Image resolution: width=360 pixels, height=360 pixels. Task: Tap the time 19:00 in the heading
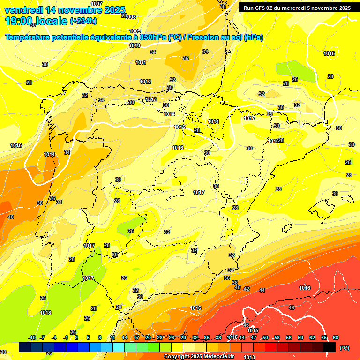(x=19, y=21)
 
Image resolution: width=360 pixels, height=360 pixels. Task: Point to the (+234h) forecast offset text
(x=83, y=21)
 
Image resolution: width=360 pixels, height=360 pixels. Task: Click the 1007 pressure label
(x=97, y=4)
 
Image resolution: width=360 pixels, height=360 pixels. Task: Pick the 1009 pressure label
(x=135, y=31)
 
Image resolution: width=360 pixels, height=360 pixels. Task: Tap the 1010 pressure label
(x=135, y=45)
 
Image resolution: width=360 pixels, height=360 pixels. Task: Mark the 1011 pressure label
(x=141, y=62)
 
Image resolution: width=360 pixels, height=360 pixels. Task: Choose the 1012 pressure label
(x=145, y=82)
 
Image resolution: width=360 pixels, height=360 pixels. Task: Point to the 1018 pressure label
(x=45, y=313)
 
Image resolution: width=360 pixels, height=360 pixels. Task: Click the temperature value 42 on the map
(x=247, y=289)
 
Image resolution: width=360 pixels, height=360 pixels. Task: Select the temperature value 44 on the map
(x=262, y=290)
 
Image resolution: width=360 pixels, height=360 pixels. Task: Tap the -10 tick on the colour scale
(x=32, y=337)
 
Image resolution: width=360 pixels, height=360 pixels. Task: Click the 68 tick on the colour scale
(x=336, y=337)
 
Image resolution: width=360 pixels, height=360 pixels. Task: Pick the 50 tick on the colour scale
(x=265, y=337)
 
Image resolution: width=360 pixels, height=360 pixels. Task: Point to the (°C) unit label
(x=344, y=348)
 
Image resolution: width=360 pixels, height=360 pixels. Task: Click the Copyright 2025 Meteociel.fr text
(x=199, y=357)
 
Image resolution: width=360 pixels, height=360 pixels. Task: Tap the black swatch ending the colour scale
(x=330, y=347)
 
